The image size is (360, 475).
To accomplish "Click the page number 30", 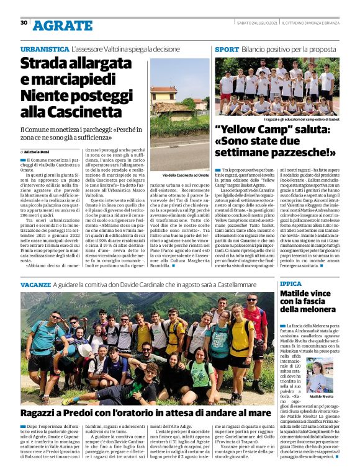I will (x=24, y=23).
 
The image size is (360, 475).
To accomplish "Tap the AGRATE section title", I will (x=62, y=25).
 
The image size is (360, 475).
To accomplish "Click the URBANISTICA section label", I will (x=45, y=48).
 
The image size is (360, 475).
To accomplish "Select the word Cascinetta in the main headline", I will (x=74, y=112).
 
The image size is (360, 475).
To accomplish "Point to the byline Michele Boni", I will (x=38, y=151).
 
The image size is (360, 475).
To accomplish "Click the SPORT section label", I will (x=227, y=48).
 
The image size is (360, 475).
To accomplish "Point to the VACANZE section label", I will (x=35, y=283).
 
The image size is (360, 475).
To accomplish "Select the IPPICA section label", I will (x=291, y=283).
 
